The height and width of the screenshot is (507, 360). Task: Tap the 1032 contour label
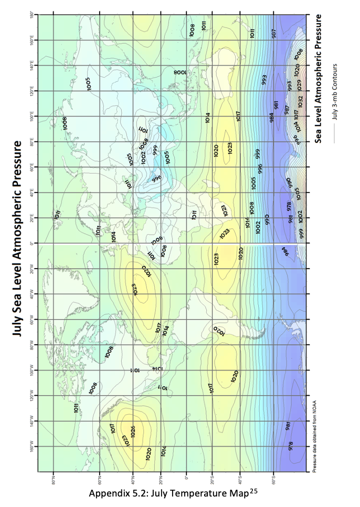[x=300, y=100]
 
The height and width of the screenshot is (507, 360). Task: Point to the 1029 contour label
[x=299, y=84]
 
